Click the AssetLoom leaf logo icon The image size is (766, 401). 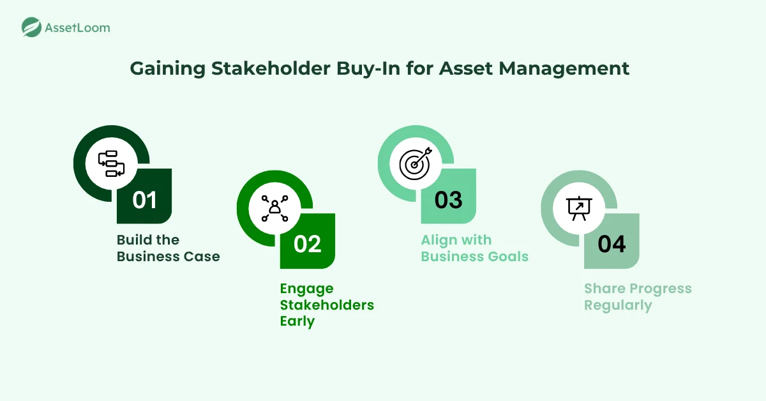coord(31,27)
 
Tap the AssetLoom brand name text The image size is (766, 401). coord(78,27)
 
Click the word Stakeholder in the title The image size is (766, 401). coord(271,68)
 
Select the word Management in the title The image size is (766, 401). coord(564,69)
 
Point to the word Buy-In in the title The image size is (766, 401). coord(368,69)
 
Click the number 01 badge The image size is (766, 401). coord(144,200)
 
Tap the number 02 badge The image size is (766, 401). coord(308,245)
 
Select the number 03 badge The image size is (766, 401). coord(448,200)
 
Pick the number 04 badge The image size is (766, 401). coord(612,245)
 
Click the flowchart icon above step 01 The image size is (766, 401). coord(112,163)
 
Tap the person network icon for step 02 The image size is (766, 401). coord(274,208)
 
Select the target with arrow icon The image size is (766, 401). coord(416,163)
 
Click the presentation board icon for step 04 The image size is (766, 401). coord(579,208)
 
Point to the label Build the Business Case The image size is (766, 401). coord(169,248)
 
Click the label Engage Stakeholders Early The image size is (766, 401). coord(327,305)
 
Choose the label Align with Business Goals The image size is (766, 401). coord(475,248)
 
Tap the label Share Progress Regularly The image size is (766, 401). coord(638,297)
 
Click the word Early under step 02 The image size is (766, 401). coord(297,322)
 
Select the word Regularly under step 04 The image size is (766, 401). coord(618,305)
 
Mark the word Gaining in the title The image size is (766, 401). coord(167,69)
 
